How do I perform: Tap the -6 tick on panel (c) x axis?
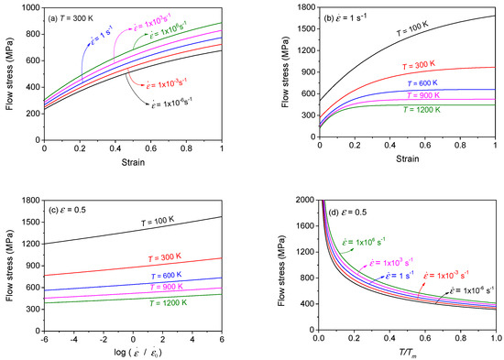45,333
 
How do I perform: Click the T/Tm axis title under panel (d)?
408,349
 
